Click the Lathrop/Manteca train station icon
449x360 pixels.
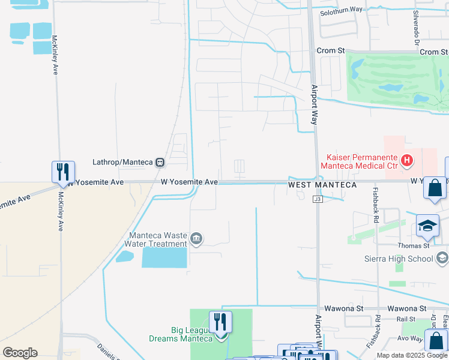pos(160,162)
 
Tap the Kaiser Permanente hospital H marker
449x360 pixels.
pos(407,160)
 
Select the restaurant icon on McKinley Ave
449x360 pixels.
pos(63,172)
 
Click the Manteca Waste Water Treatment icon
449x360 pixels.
pos(196,239)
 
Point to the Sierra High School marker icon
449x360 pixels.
pos(442,259)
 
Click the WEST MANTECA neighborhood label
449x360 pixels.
pos(322,185)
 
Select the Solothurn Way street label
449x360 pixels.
pos(341,10)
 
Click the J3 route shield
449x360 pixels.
pos(318,200)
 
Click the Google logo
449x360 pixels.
pos(20,353)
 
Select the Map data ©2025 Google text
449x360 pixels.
pos(412,355)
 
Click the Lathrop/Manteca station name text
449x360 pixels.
pos(122,162)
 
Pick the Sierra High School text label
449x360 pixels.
pos(399,259)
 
